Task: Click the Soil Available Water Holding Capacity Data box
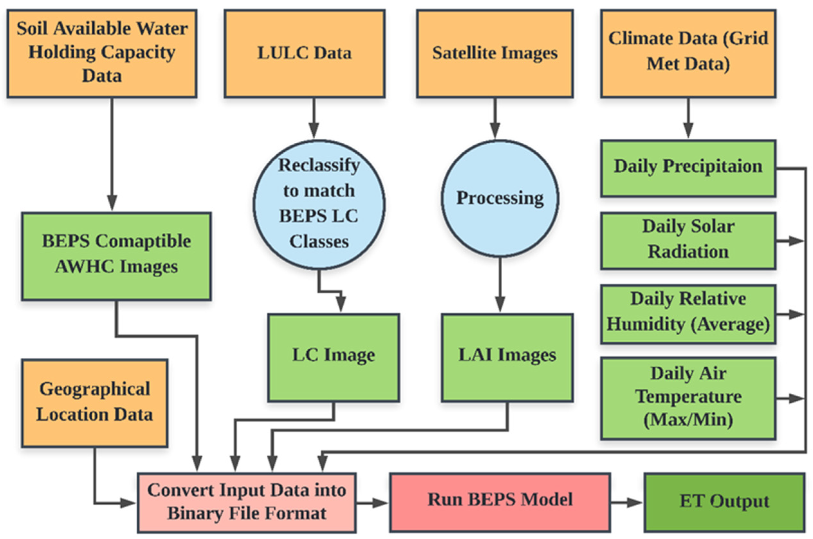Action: coord(102,53)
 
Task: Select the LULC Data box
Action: coord(304,53)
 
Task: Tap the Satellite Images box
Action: coord(495,53)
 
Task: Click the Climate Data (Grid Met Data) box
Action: coord(688,53)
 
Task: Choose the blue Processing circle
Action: coord(500,198)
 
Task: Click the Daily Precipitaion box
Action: coord(688,168)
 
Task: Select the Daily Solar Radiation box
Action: coord(688,241)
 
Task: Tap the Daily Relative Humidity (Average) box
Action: coord(688,313)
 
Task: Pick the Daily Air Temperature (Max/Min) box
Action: coord(688,398)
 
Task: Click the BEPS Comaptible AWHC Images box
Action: coord(116,256)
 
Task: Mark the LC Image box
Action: coord(333,357)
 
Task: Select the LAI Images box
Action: coord(507,357)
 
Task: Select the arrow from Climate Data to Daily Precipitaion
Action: coord(688,119)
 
